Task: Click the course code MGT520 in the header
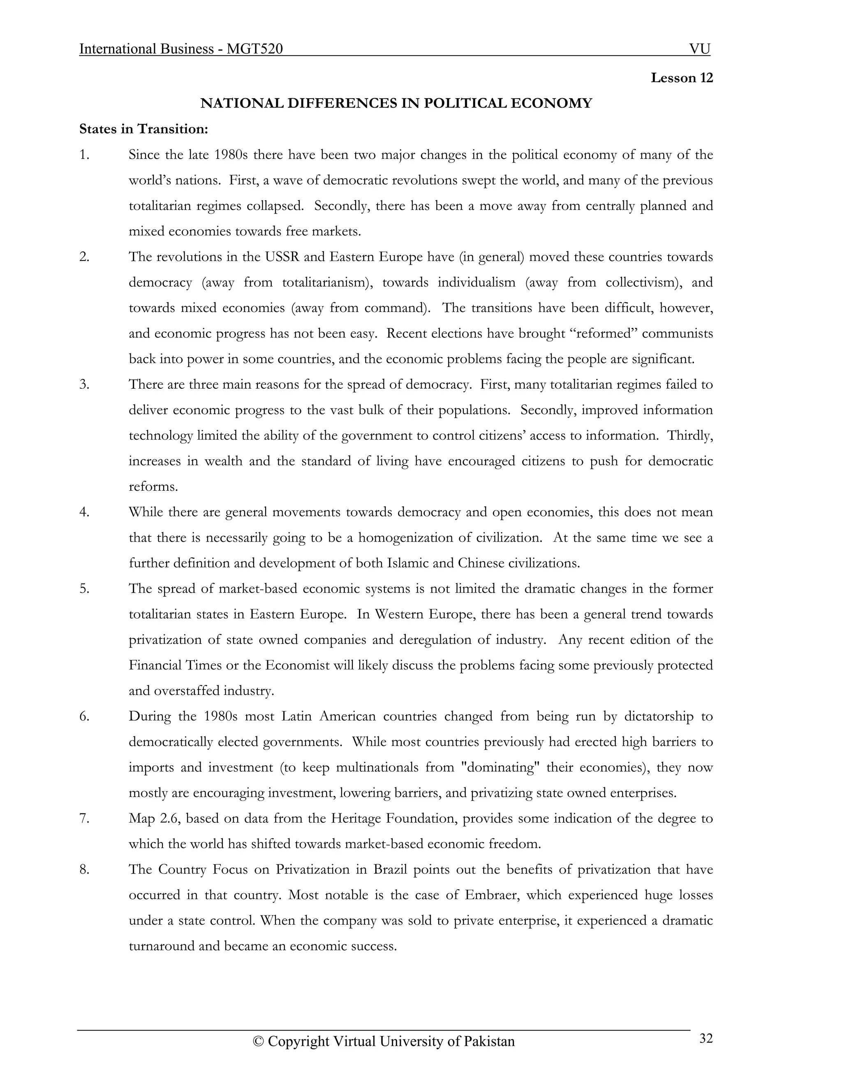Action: click(254, 49)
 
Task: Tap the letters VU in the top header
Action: click(699, 49)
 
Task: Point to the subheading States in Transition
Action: click(143, 129)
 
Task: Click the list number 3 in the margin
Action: click(84, 385)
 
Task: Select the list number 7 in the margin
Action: click(84, 818)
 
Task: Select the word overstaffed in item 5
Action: click(187, 691)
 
